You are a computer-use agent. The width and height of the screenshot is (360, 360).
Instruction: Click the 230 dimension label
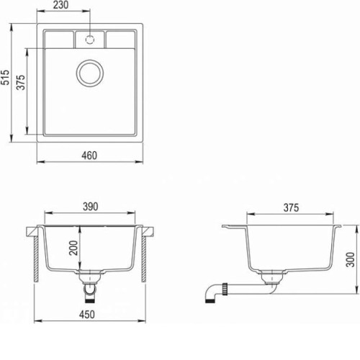[60, 5]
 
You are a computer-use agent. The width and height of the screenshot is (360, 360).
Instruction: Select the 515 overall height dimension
[5, 77]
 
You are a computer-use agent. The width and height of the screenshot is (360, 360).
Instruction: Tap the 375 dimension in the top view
[21, 82]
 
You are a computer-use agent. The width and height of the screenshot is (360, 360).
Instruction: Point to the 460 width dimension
[89, 156]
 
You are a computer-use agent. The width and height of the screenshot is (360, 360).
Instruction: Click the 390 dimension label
[91, 207]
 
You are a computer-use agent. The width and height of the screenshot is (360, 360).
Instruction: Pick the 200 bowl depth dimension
[73, 248]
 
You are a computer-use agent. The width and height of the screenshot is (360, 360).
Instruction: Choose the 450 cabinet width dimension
[87, 315]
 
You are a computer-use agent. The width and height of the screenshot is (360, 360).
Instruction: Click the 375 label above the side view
[291, 208]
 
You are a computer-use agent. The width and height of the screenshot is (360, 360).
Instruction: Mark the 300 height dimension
[351, 259]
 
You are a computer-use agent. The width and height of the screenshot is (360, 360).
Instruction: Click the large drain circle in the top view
[90, 60]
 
